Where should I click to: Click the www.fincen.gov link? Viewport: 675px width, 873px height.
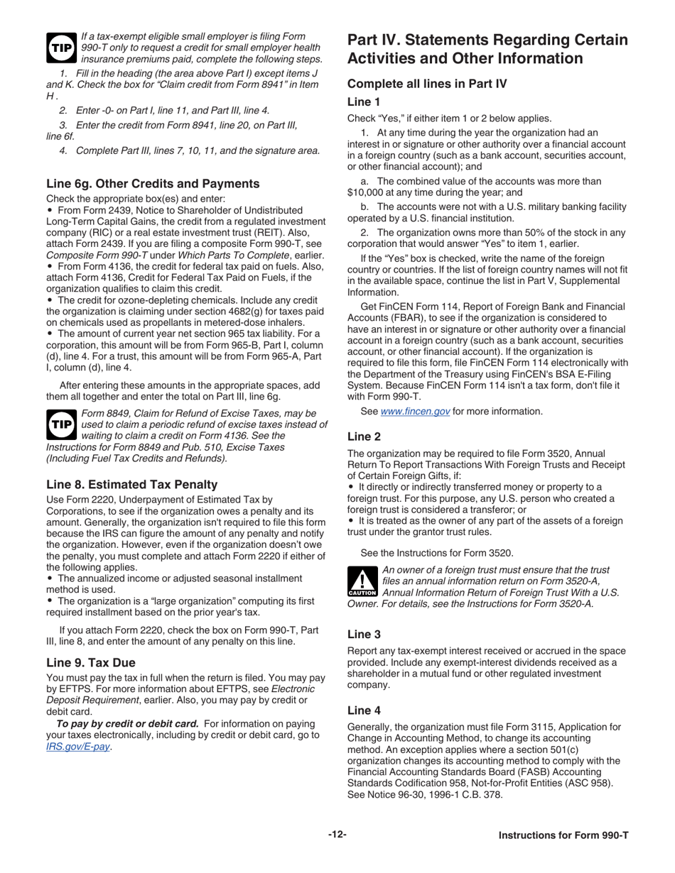point(415,412)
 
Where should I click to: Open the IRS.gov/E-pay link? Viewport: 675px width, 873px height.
point(78,747)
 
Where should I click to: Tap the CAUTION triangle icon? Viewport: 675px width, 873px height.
point(363,582)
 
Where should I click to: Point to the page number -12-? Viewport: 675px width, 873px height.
point(337,835)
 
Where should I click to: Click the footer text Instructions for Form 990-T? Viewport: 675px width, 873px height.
point(563,835)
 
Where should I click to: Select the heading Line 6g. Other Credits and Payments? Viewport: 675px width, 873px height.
point(153,184)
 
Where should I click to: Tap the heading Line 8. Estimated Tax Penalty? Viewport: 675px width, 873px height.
point(132,485)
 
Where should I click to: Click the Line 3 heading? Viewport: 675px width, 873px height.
point(364,634)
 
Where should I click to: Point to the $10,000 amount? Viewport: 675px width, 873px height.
point(366,192)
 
